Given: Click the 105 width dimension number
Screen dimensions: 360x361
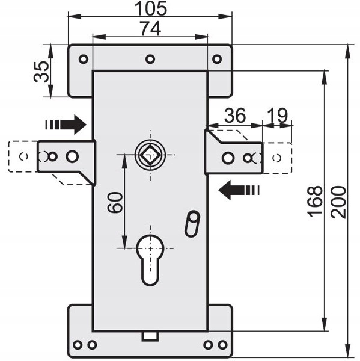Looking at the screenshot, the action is pyautogui.click(x=151, y=8).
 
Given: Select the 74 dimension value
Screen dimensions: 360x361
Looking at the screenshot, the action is pyautogui.click(x=151, y=28).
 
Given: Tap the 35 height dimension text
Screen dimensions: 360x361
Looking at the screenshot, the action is pyautogui.click(x=41, y=72).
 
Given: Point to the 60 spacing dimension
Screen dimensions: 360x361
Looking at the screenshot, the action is pyautogui.click(x=115, y=202).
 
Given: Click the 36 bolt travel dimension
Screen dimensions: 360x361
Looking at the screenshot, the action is pyautogui.click(x=235, y=115).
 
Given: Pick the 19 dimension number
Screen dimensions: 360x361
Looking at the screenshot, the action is pyautogui.click(x=277, y=115).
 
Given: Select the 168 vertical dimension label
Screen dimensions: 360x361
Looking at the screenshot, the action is pyautogui.click(x=315, y=202).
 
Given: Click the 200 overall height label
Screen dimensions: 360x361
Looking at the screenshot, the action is pyautogui.click(x=338, y=202).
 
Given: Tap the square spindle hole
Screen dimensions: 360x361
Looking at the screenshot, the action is pyautogui.click(x=150, y=155).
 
